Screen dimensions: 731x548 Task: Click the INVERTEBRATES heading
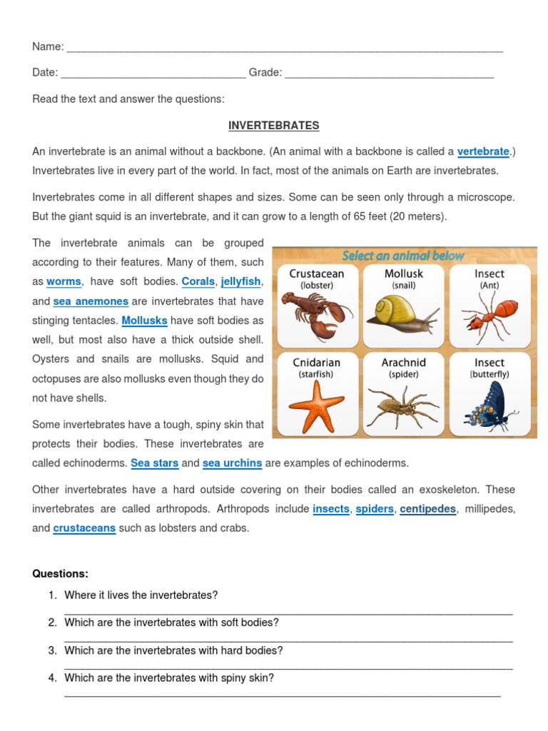coord(273,126)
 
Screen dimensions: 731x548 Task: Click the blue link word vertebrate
coord(483,151)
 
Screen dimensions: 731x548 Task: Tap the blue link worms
coord(64,282)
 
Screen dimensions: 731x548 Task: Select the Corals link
coord(198,282)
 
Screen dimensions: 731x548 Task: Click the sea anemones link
coord(91,301)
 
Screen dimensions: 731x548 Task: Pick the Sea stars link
coord(155,463)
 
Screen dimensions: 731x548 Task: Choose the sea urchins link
coord(232,463)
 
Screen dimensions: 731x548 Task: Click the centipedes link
coord(427,509)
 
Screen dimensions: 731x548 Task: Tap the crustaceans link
coord(84,528)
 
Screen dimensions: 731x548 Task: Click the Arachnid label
coord(404,363)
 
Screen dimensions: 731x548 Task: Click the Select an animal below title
coord(403,256)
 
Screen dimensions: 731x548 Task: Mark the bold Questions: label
coord(60,574)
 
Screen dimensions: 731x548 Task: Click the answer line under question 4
coord(282,695)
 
